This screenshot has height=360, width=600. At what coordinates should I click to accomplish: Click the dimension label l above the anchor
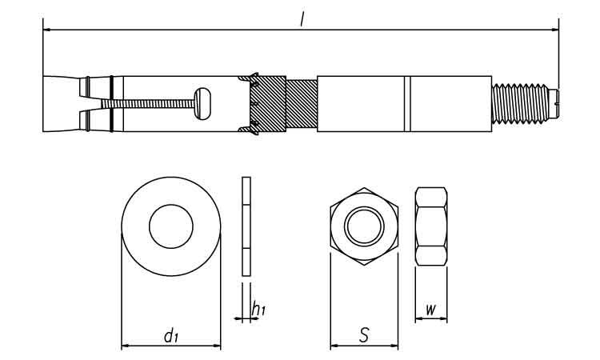click(x=302, y=18)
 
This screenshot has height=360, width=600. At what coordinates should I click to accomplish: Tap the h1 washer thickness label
click(x=258, y=308)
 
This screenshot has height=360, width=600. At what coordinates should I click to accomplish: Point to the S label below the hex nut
click(x=364, y=334)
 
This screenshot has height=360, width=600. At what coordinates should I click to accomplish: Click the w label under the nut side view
click(x=431, y=309)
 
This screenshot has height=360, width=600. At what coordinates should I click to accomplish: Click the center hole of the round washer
click(x=171, y=226)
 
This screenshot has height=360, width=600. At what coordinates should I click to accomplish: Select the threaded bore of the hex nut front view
click(x=364, y=226)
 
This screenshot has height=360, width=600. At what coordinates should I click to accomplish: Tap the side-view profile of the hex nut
click(x=431, y=226)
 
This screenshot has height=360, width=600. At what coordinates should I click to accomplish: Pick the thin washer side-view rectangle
click(x=246, y=226)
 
